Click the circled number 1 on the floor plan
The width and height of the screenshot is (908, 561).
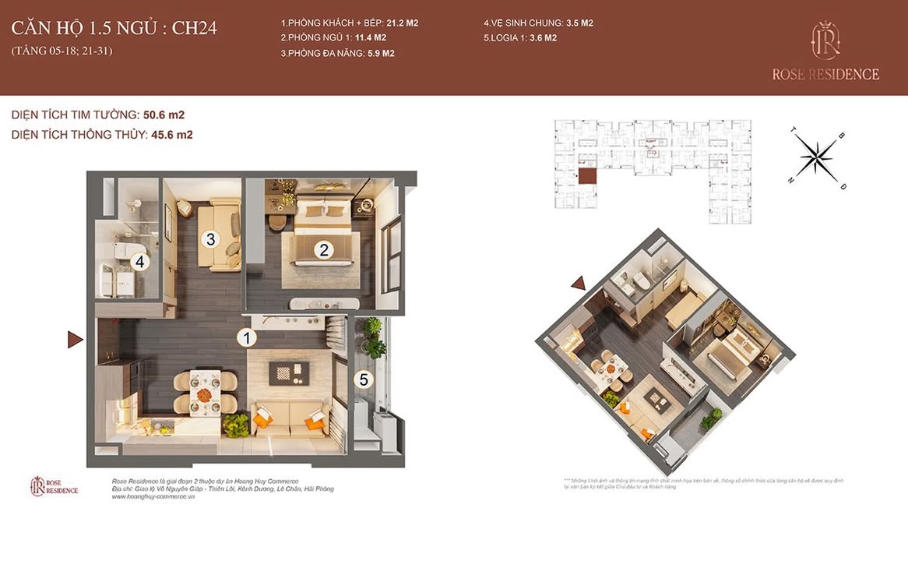[246, 338]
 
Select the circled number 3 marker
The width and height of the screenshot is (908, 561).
[209, 238]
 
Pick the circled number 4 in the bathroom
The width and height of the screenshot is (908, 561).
[139, 262]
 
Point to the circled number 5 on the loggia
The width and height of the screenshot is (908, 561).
[362, 379]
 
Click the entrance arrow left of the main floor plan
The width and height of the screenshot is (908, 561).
[75, 339]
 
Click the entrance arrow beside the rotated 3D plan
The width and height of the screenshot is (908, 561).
[579, 284]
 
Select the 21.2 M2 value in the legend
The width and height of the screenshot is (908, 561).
[402, 23]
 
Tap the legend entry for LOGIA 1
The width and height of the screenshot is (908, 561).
[519, 37]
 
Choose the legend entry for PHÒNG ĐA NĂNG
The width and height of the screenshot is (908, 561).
[338, 53]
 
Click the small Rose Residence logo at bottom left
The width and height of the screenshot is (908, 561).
[55, 486]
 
